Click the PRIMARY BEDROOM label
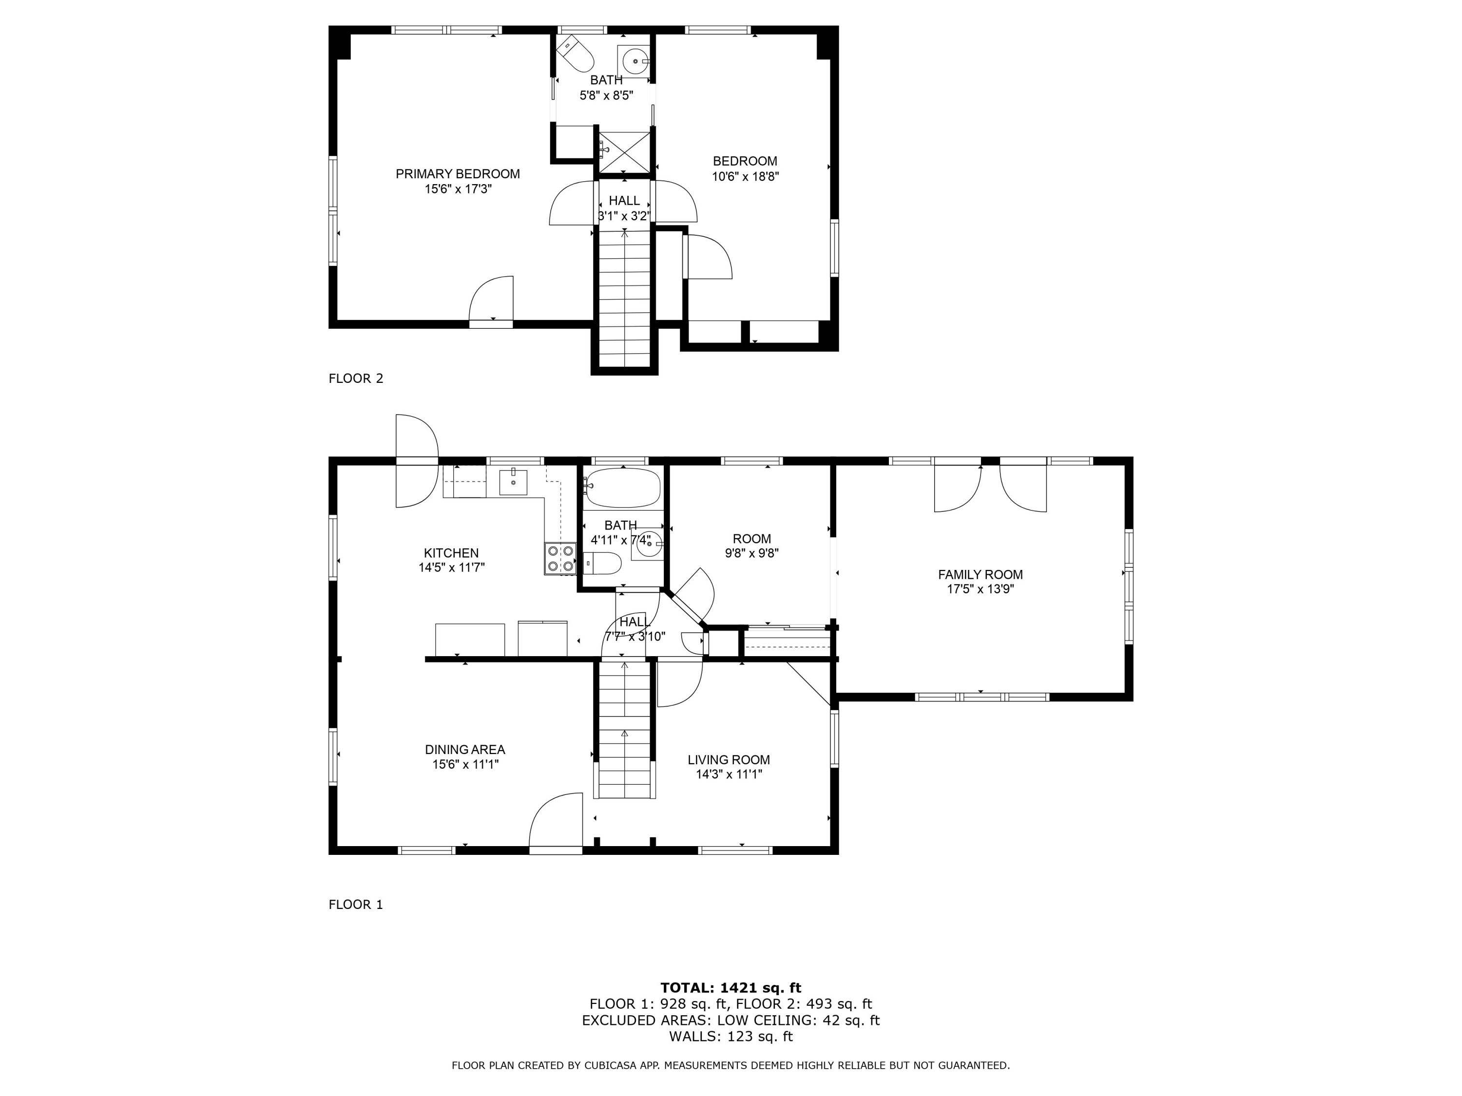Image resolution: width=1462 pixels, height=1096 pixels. [458, 174]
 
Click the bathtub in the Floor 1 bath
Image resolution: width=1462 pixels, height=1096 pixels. [622, 488]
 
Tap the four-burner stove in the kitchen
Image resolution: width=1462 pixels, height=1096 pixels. [560, 558]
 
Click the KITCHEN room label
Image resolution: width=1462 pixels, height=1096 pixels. [451, 553]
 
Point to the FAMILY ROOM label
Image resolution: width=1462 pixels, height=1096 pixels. [980, 575]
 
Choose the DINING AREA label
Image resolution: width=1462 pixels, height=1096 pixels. [464, 750]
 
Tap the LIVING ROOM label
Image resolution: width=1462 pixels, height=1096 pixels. [729, 760]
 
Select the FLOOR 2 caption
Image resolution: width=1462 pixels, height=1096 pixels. [356, 378]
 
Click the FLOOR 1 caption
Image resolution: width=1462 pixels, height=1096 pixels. [356, 905]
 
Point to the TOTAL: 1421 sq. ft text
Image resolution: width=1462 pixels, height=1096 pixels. [731, 988]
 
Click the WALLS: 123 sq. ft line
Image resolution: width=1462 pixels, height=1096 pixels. [731, 1037]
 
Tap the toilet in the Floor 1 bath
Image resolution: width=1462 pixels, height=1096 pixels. [603, 564]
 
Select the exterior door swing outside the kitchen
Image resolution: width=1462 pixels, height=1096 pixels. [416, 461]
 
